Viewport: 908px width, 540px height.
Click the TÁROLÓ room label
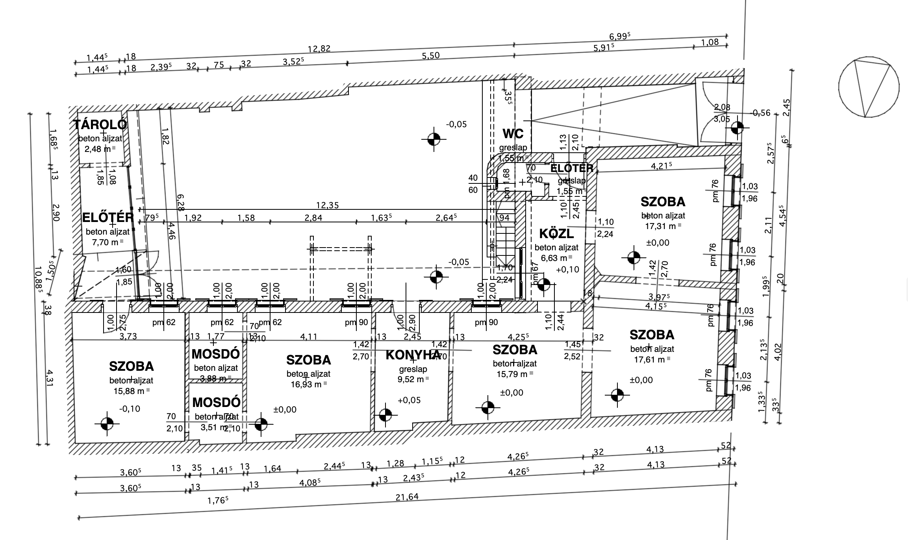(100, 125)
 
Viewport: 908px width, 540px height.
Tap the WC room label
(513, 134)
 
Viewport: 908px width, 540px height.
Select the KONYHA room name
(412, 355)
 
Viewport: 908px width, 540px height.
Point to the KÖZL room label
(556, 234)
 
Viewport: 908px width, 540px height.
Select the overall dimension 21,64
(407, 497)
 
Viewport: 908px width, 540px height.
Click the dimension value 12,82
(319, 49)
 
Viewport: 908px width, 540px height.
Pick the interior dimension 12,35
(327, 205)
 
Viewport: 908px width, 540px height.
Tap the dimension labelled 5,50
(430, 56)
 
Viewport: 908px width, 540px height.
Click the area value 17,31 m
(660, 226)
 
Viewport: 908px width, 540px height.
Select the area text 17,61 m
(649, 359)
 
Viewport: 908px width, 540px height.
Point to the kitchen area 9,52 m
(410, 379)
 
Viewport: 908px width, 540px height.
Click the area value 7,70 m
(105, 242)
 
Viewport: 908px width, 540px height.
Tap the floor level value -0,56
(761, 113)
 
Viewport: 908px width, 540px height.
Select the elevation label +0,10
(567, 270)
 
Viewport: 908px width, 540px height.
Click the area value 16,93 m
(306, 384)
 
